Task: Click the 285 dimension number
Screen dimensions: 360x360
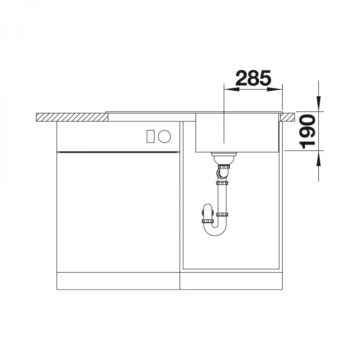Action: [253, 78]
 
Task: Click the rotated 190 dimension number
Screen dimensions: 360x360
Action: [308, 132]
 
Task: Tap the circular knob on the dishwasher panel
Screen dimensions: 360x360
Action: [164, 136]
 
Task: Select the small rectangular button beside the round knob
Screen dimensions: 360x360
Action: [151, 136]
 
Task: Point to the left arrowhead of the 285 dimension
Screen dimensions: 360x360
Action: [231, 89]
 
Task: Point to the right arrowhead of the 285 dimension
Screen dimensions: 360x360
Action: [275, 89]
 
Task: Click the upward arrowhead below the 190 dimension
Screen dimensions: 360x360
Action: [318, 158]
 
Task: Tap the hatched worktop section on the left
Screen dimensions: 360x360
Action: [72, 117]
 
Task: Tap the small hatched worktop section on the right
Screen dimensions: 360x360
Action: [288, 117]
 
